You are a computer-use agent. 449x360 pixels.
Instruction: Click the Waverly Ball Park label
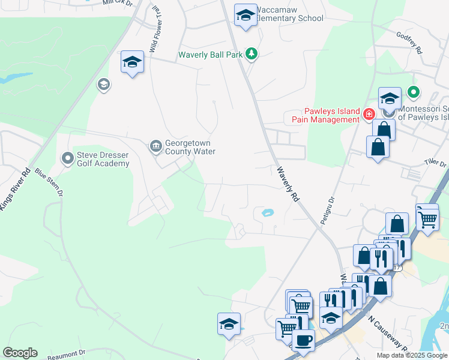(210, 55)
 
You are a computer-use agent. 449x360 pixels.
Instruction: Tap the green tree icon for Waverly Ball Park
(253, 55)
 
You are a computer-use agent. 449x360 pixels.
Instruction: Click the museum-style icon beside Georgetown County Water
(155, 146)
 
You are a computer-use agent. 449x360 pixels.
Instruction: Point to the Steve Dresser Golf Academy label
(103, 159)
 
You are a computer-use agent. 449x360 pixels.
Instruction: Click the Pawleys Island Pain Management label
(324, 115)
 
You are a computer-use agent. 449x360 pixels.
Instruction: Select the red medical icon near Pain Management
(369, 114)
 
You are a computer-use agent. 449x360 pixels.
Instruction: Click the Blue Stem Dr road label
(49, 182)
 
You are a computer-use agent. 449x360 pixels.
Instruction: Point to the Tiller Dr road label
(435, 163)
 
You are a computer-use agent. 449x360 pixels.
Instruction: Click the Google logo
(20, 353)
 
